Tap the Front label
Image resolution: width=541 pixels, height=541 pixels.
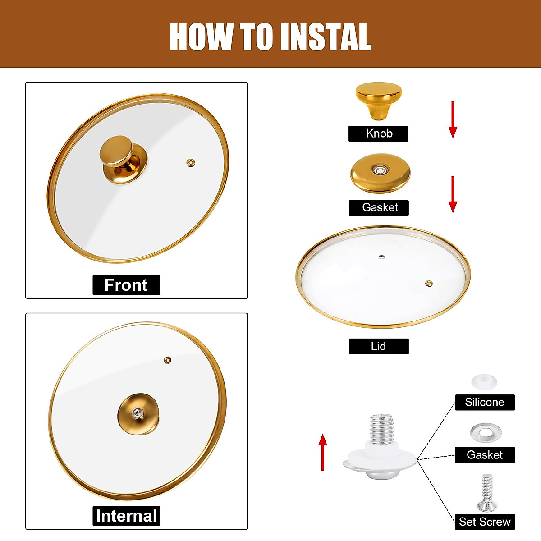click(x=126, y=285)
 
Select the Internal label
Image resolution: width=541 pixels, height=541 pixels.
click(x=126, y=516)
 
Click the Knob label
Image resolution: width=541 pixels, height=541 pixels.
click(x=379, y=133)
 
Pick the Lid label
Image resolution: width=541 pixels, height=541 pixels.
click(x=379, y=346)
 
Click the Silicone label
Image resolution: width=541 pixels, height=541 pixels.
click(x=485, y=402)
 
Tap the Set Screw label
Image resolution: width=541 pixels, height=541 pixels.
click(x=485, y=522)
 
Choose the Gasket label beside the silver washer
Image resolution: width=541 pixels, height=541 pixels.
click(x=485, y=455)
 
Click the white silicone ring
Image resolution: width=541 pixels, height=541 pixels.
click(x=484, y=382)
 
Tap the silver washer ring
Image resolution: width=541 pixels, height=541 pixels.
click(x=486, y=433)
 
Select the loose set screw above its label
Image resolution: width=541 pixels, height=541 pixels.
click(x=486, y=492)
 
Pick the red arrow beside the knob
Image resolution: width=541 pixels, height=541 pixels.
click(x=453, y=119)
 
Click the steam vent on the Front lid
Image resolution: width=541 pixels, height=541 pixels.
click(x=191, y=163)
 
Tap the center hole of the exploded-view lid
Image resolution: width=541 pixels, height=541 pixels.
click(x=381, y=257)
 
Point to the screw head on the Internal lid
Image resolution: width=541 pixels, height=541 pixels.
click(x=137, y=412)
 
